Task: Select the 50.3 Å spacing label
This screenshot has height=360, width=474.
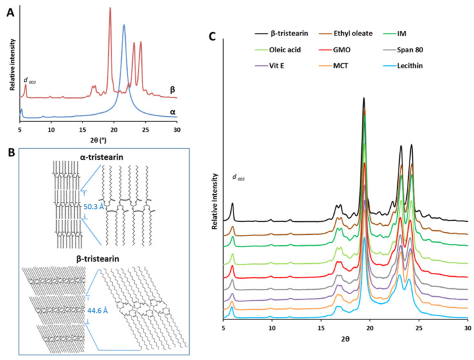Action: pyautogui.click(x=95, y=206)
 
